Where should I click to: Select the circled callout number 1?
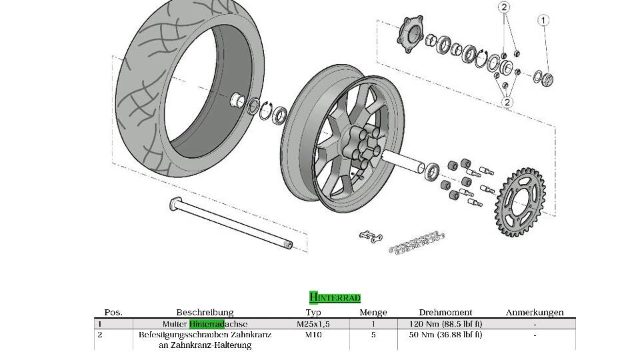click(x=543, y=21)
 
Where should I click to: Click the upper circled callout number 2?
click(x=504, y=8)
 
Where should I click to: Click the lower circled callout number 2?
click(x=507, y=102)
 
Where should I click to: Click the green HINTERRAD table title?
click(x=335, y=297)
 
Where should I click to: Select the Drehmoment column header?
click(x=445, y=312)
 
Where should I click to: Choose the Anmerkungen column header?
click(x=534, y=312)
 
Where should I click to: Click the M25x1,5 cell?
click(x=313, y=324)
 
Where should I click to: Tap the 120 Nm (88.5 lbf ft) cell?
click(x=445, y=324)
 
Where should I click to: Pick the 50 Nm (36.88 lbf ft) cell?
click(x=445, y=335)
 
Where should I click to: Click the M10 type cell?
click(x=313, y=335)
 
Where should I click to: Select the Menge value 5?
click(x=373, y=335)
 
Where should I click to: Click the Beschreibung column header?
click(x=205, y=312)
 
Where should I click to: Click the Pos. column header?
click(x=113, y=312)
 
